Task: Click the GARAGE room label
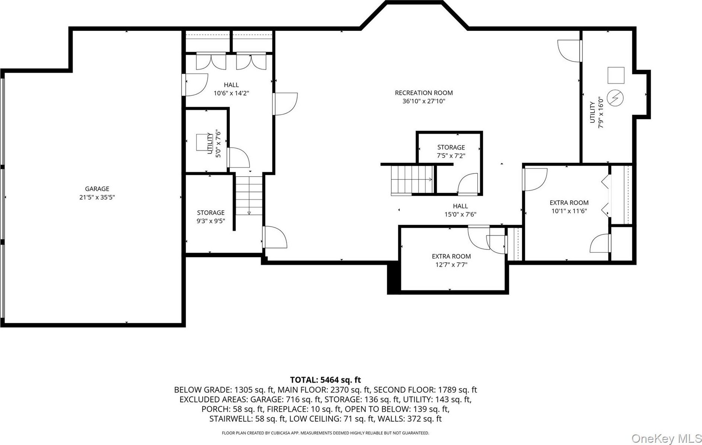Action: (x=97, y=189)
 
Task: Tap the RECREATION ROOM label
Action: (x=424, y=93)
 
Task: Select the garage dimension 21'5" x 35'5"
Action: (x=97, y=197)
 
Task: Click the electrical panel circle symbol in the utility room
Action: (x=615, y=98)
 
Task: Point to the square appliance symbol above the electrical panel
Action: (x=616, y=75)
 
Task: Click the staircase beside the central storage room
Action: (x=412, y=180)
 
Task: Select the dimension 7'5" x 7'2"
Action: (x=451, y=156)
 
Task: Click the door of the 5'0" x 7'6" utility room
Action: (x=238, y=158)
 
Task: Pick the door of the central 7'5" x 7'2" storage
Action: (x=467, y=184)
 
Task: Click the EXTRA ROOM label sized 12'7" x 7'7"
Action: (x=451, y=256)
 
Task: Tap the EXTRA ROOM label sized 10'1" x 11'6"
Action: (x=569, y=203)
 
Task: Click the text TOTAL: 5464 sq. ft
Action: (x=326, y=380)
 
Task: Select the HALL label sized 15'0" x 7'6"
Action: (x=460, y=206)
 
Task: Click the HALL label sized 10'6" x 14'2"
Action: (x=231, y=85)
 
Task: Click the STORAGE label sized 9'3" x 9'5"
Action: (x=211, y=212)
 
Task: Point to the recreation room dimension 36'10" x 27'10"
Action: (x=424, y=101)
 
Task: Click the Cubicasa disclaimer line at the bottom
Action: (x=325, y=433)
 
